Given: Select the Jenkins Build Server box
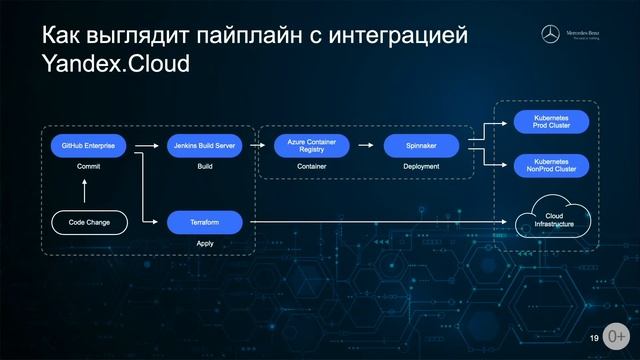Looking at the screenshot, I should [x=205, y=146].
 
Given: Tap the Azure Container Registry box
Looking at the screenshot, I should [x=311, y=146].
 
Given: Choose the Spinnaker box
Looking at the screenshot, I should [x=421, y=146].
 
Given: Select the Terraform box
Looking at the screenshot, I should [x=204, y=220].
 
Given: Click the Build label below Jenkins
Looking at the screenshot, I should [x=205, y=168].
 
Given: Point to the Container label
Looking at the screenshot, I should [x=311, y=168].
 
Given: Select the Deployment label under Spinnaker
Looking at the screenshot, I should [x=421, y=168].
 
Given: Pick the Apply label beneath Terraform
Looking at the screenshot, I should [x=204, y=243].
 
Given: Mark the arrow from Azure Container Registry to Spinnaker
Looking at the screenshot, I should [x=366, y=146].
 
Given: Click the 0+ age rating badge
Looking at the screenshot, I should [x=617, y=336].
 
